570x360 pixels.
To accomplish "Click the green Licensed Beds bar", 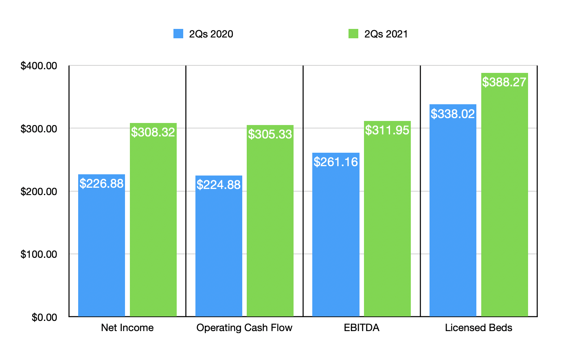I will pyautogui.click(x=504, y=204).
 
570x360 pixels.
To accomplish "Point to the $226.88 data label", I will pyautogui.click(x=101, y=184).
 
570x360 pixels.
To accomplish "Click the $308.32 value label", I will pyautogui.click(x=153, y=132).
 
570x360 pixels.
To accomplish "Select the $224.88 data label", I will pyautogui.click(x=219, y=185).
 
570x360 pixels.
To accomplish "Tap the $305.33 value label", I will pyautogui.click(x=270, y=134).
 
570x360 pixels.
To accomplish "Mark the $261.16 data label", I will pyautogui.click(x=336, y=162).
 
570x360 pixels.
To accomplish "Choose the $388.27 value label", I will pyautogui.click(x=504, y=82).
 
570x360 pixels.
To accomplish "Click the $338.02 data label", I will pyautogui.click(x=453, y=114).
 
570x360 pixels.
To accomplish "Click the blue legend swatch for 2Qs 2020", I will pyautogui.click(x=178, y=34).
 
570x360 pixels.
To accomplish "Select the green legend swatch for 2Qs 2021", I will pyautogui.click(x=353, y=34).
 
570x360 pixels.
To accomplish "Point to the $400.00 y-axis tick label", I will pyautogui.click(x=39, y=66).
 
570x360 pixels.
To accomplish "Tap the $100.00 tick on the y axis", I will pyautogui.click(x=39, y=255).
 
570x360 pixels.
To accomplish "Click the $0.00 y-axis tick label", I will pyautogui.click(x=44, y=317).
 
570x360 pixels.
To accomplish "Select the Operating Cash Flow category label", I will pyautogui.click(x=244, y=328).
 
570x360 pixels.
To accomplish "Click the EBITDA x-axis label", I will pyautogui.click(x=362, y=328).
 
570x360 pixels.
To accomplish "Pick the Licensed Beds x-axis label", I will pyautogui.click(x=478, y=328).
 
